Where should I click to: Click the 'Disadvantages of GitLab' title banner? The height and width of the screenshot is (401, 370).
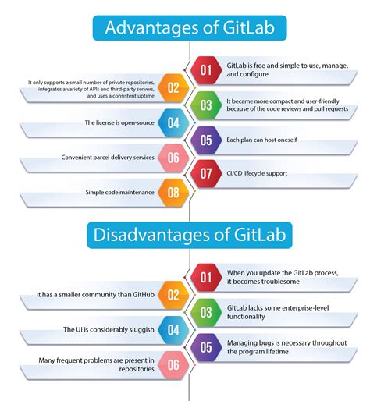(x=184, y=233)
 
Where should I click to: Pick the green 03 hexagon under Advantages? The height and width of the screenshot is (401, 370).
(x=205, y=104)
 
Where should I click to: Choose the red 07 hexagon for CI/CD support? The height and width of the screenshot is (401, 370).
(x=205, y=173)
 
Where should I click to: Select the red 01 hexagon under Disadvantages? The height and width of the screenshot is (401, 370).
(x=205, y=277)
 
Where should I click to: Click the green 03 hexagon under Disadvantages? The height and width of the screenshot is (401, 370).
(x=205, y=312)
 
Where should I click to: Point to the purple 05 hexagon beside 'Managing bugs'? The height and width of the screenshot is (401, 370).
(x=205, y=347)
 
